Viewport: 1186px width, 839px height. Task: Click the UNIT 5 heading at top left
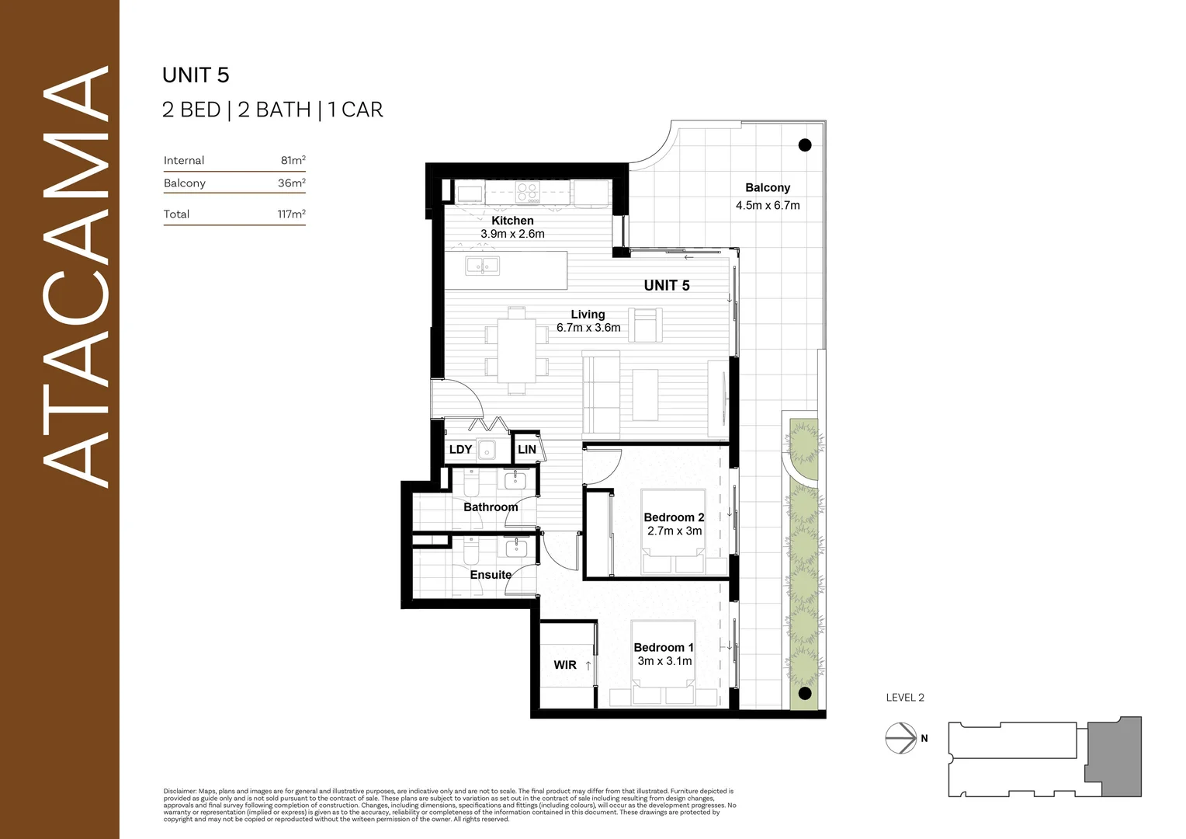click(x=196, y=75)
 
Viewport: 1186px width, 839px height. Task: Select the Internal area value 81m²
click(x=293, y=161)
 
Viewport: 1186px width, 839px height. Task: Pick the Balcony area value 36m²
click(x=291, y=183)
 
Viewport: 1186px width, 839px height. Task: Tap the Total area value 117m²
click(x=291, y=214)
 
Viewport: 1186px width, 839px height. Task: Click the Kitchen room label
click(x=512, y=221)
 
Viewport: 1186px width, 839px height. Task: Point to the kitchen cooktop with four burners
click(x=528, y=192)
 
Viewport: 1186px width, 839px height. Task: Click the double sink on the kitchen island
click(x=483, y=266)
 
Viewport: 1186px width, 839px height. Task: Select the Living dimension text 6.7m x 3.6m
click(x=588, y=328)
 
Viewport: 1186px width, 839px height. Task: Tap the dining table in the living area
click(x=517, y=350)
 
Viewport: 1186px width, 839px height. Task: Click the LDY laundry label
click(x=460, y=450)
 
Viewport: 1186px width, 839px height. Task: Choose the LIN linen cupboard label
click(x=527, y=450)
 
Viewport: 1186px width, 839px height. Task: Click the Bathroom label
click(x=491, y=507)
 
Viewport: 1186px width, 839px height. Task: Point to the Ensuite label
click(x=491, y=575)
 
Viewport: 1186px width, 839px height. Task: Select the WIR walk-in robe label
click(x=565, y=665)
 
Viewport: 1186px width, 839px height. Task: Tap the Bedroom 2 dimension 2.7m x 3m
click(x=674, y=531)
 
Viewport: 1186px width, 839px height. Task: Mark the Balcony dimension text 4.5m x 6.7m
click(x=768, y=206)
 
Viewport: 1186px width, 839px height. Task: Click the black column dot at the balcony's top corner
click(x=805, y=145)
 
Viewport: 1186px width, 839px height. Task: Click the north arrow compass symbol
click(x=901, y=738)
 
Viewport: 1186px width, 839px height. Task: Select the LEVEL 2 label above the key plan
click(x=905, y=698)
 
